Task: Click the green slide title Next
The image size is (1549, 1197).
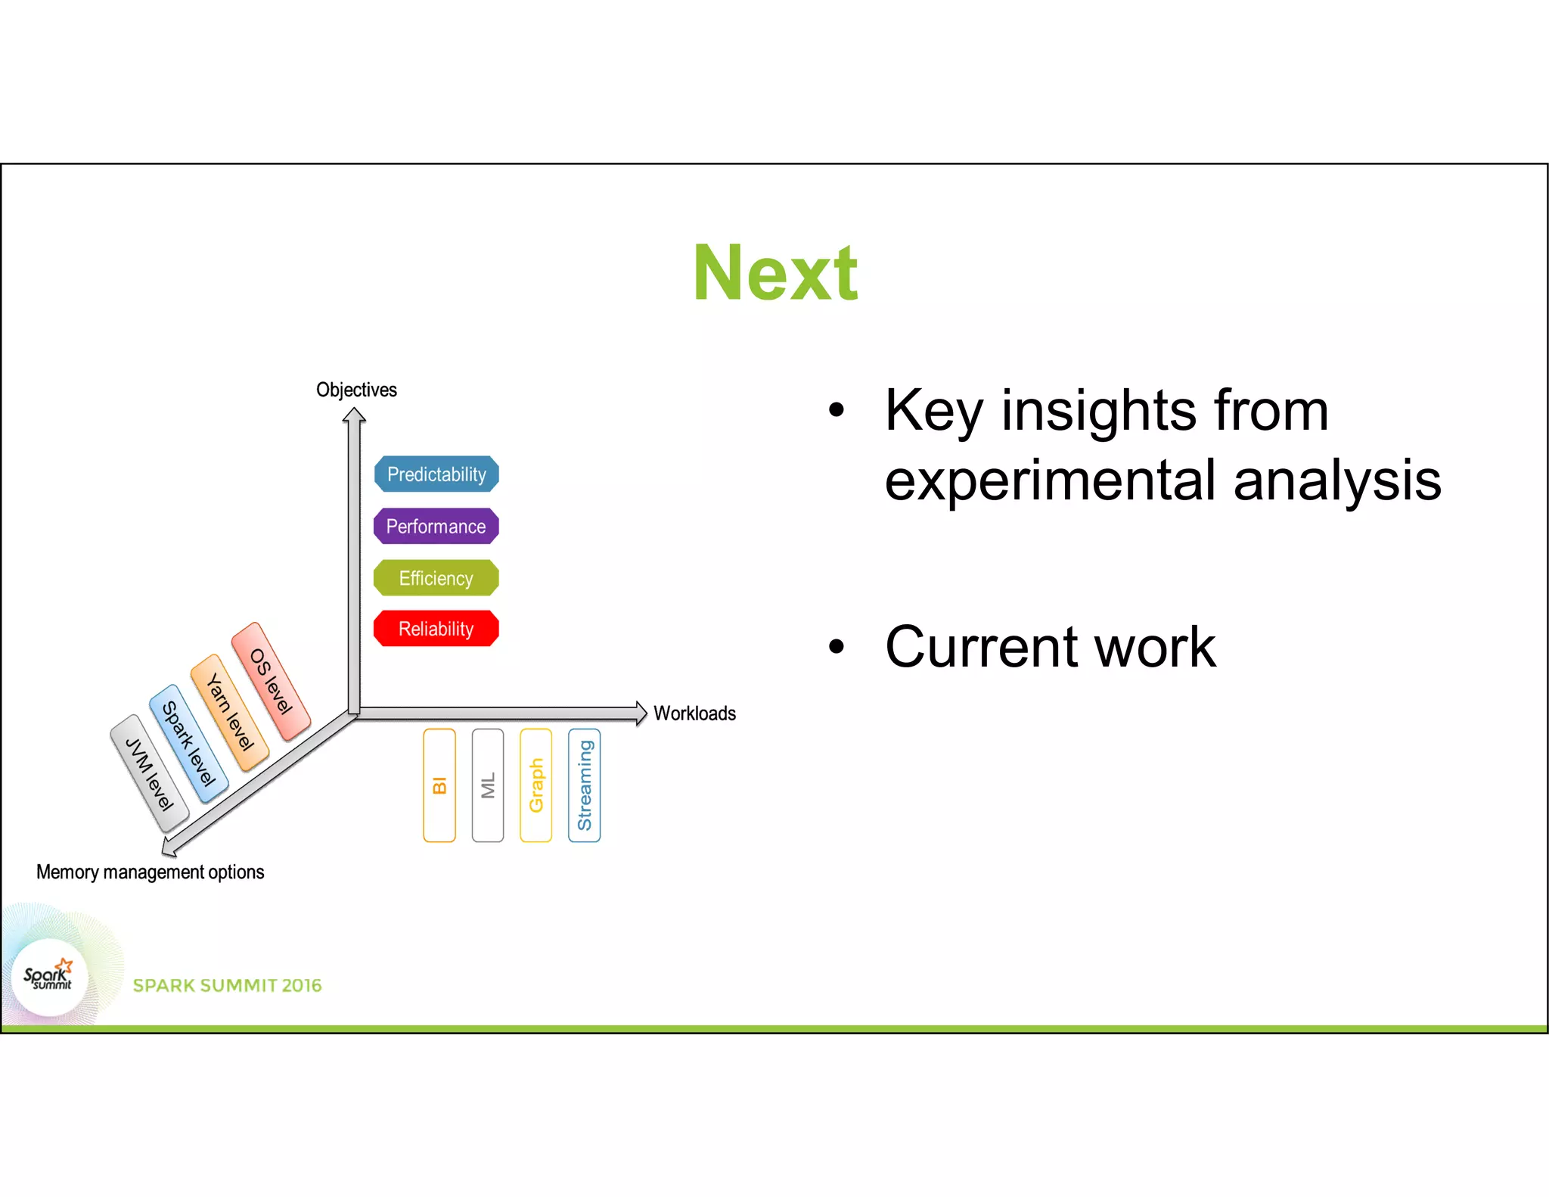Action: [x=775, y=273]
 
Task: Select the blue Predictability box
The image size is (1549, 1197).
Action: [x=436, y=474]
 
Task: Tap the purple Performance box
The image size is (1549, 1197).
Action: [x=436, y=527]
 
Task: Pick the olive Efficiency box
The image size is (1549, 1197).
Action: [x=436, y=578]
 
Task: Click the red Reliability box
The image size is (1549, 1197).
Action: [x=436, y=629]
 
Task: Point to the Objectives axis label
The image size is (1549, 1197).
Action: [x=356, y=390]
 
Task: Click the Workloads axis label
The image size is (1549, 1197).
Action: [x=694, y=714]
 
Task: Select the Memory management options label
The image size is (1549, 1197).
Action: [x=150, y=872]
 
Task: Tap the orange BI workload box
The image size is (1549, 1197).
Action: [x=439, y=785]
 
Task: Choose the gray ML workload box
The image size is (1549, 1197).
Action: [x=488, y=785]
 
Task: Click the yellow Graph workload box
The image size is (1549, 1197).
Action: [x=536, y=785]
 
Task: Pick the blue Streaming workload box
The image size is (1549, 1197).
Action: [x=585, y=785]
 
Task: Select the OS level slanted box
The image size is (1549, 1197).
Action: [x=271, y=681]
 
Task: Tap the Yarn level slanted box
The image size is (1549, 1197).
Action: [x=230, y=713]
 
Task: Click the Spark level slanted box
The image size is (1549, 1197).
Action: [x=189, y=744]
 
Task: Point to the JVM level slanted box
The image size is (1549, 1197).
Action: [x=150, y=774]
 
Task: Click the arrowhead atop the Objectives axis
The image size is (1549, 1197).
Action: [x=354, y=415]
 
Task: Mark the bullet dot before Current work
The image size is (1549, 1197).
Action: [x=836, y=647]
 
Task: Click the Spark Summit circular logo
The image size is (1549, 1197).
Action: [x=49, y=978]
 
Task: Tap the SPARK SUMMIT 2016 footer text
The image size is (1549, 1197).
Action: [x=227, y=986]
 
